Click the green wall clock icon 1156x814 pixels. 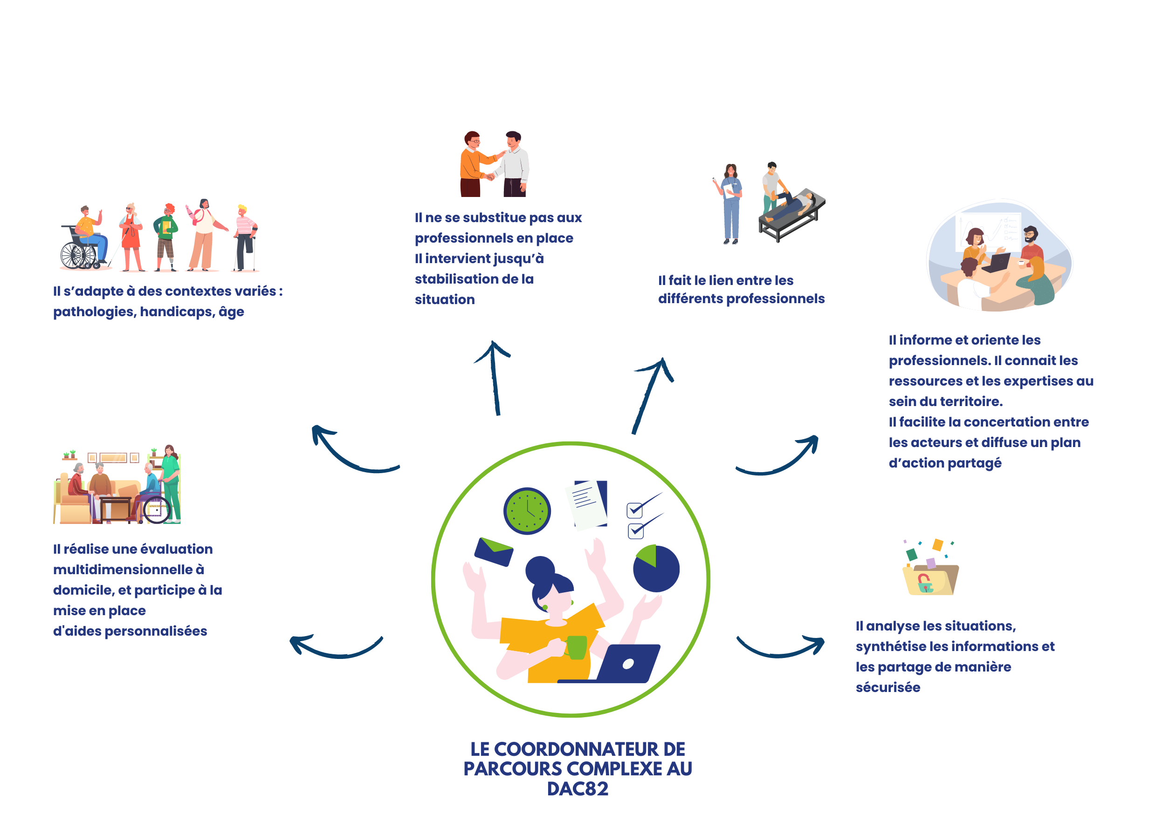coord(527,511)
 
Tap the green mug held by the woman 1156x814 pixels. coord(577,647)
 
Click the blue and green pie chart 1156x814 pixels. coord(656,569)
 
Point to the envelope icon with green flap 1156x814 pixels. coord(494,552)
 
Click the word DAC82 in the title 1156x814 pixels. coord(578,789)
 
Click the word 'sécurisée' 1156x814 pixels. coord(888,687)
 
